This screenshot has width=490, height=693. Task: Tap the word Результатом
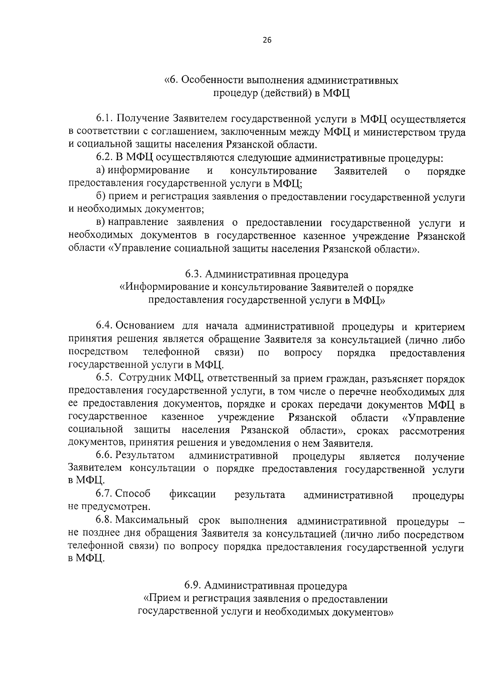[x=145, y=456]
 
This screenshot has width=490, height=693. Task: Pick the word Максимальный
[x=152, y=521]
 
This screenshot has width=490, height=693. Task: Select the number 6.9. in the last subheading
[x=192, y=586]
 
